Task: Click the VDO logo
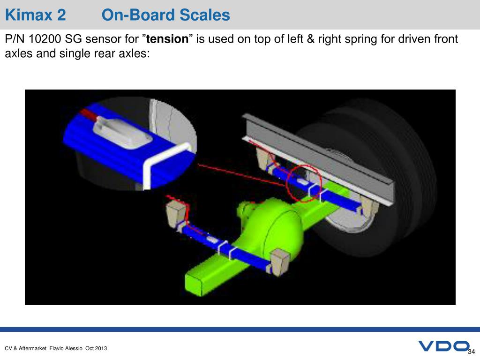[443, 346]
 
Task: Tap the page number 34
[471, 352]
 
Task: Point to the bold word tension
[167, 39]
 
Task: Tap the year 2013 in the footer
[101, 348]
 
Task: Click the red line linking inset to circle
[242, 175]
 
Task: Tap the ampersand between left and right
[310, 39]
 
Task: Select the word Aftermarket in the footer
[32, 348]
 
